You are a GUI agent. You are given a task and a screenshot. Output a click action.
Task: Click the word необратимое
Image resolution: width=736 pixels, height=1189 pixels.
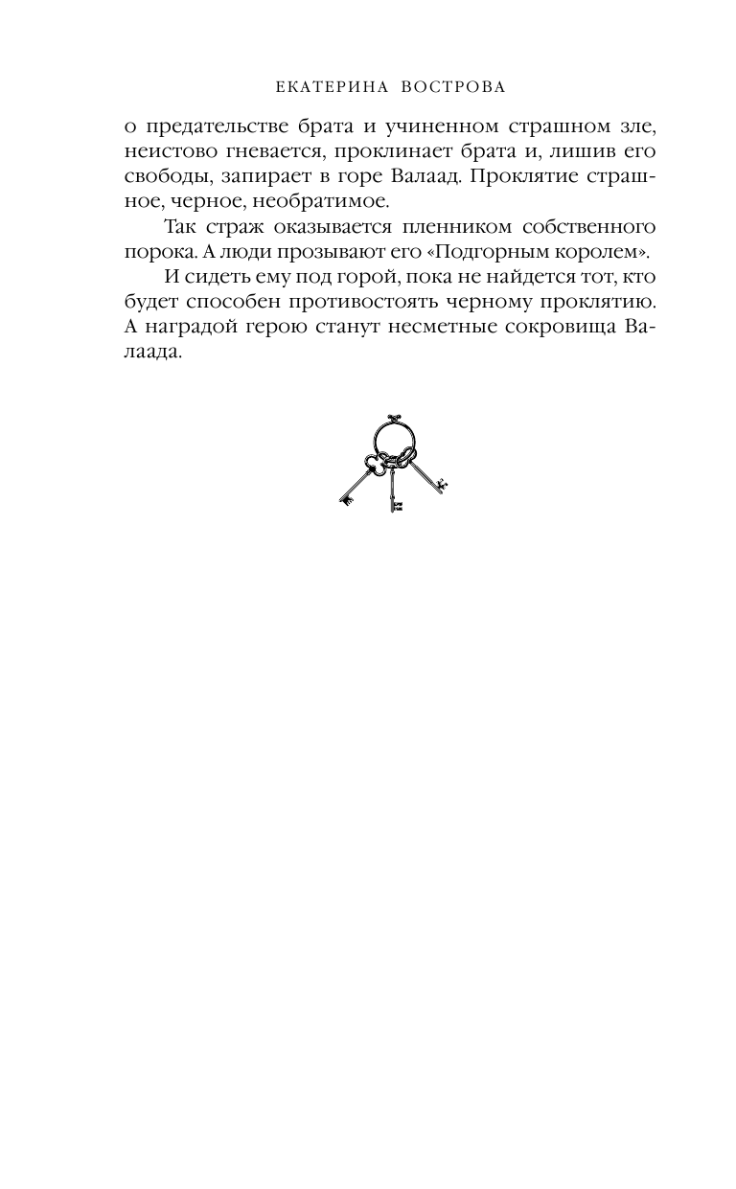pos(309,201)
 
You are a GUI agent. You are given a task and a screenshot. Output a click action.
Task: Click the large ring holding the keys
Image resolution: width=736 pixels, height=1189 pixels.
pos(395,436)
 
